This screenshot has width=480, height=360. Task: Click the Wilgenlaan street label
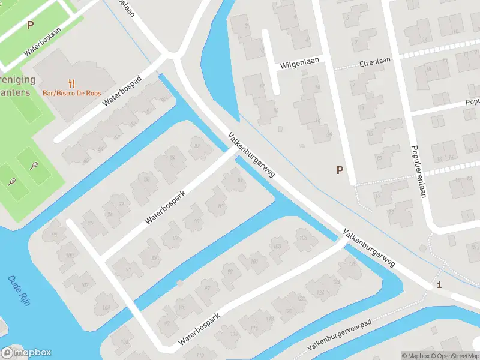298,64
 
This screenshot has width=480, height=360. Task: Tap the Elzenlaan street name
375,61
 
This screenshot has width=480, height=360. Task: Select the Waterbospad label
122,91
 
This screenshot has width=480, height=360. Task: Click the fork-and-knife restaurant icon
72,83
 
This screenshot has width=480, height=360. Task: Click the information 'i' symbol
440,284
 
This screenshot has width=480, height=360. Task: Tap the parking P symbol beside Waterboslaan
30,25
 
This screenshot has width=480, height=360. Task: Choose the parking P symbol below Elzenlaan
340,170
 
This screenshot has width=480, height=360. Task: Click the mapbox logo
26,353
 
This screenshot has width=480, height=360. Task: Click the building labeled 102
85,285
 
